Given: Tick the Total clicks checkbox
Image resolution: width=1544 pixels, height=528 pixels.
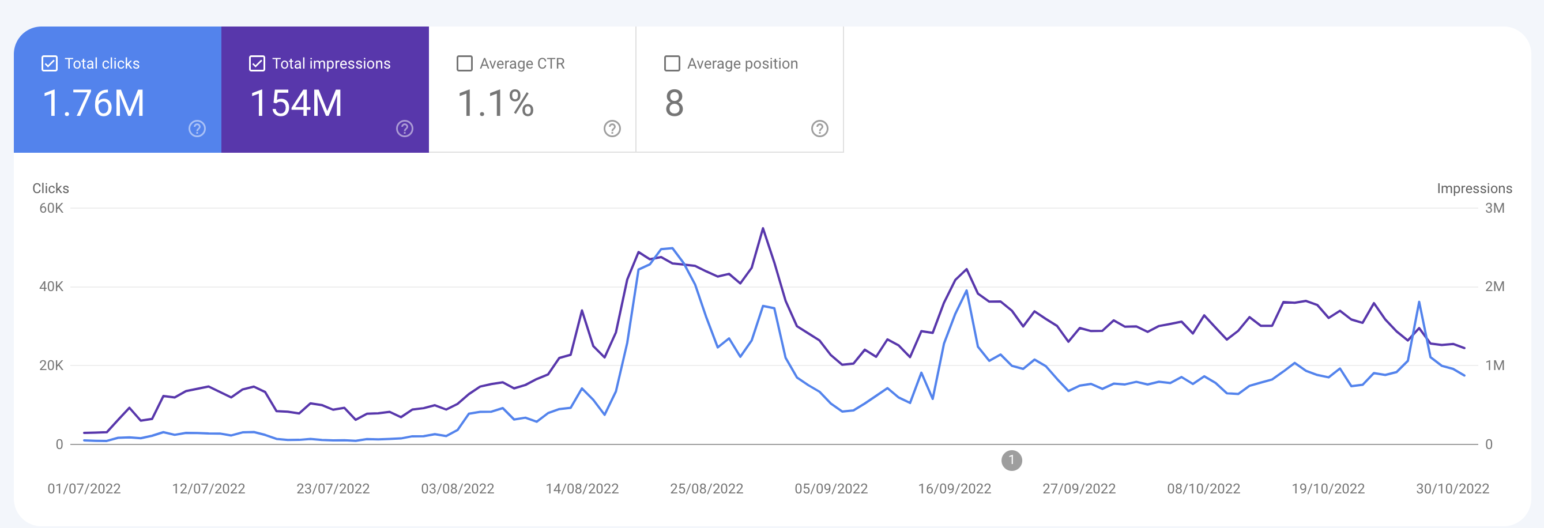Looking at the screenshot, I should coord(49,63).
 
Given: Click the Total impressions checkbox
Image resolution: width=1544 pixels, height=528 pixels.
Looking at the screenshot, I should coord(257,63).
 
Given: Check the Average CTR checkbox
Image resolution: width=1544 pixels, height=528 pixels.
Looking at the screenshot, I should coord(465,63).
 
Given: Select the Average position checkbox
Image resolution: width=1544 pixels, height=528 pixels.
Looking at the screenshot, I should coord(672,63).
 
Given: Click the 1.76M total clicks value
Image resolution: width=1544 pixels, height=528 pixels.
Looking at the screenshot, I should coord(93,103).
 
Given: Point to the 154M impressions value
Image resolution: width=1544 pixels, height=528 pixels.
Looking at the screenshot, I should coord(296,103).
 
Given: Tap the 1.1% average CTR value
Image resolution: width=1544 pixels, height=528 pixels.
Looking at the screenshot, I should coord(495,103).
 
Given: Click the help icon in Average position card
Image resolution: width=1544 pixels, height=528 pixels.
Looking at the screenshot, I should coord(819,129).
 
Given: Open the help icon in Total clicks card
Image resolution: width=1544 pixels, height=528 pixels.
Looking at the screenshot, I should coord(197,129).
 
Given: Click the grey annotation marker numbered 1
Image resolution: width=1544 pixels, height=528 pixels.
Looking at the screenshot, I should coord(1011,461).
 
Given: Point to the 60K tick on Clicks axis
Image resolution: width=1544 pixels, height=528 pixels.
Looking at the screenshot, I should coord(51,209).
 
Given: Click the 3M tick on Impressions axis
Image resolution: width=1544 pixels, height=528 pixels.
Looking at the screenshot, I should coord(1494,209).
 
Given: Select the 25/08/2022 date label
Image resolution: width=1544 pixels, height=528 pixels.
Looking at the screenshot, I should coord(706,489).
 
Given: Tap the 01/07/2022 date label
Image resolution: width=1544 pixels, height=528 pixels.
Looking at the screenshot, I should coord(84,489).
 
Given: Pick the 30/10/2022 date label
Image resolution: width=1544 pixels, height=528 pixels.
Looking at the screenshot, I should coord(1452,489).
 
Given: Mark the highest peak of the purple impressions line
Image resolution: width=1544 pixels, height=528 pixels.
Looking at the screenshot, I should coord(762,228).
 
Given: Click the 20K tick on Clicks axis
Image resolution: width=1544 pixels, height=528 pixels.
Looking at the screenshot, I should coord(51,365).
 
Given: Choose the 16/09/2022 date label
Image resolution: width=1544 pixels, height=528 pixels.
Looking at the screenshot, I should coord(954,489).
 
